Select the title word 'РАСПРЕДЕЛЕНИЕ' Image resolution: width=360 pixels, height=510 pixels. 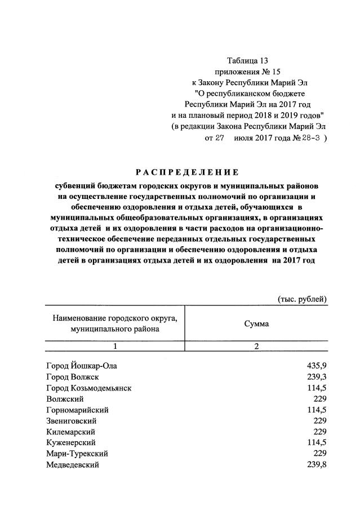click(186, 172)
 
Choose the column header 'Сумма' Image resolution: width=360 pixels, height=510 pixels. click(256, 324)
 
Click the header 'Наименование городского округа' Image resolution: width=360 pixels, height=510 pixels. click(115, 318)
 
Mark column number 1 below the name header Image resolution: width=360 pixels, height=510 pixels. click(115, 346)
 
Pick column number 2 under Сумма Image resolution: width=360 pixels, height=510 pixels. click(256, 346)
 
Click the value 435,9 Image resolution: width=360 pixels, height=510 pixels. click(316, 366)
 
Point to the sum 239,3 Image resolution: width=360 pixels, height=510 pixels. click(316, 377)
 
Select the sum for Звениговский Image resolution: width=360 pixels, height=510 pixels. click(320, 421)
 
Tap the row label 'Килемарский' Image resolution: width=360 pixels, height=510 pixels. click(71, 432)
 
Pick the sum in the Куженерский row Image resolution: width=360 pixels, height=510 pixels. click(316, 443)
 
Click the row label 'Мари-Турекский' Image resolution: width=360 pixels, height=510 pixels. click(77, 454)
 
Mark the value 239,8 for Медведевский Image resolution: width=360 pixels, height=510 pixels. click(316, 464)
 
